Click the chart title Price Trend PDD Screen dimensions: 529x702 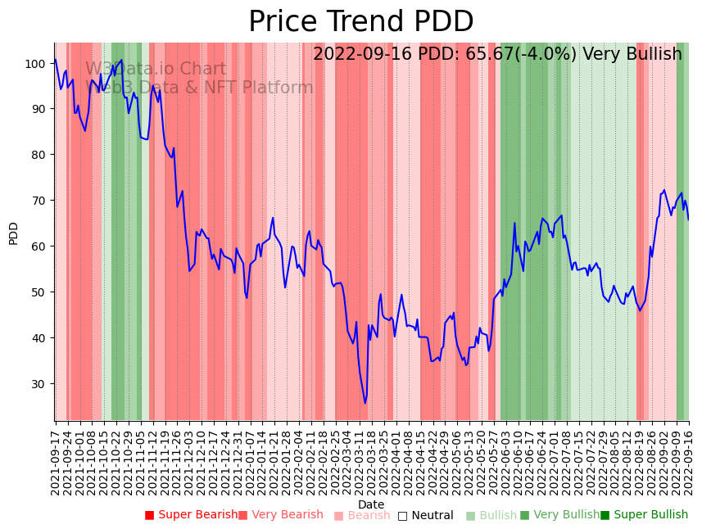coord(360,22)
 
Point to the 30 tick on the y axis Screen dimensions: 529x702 coord(39,384)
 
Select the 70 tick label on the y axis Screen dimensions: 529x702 coord(39,201)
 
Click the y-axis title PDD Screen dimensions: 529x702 coord(13,233)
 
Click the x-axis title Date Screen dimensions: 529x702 coord(371,504)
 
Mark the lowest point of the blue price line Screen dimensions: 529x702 coord(365,403)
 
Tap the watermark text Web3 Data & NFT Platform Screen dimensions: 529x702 coord(199,88)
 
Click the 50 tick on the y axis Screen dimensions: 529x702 coord(39,292)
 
